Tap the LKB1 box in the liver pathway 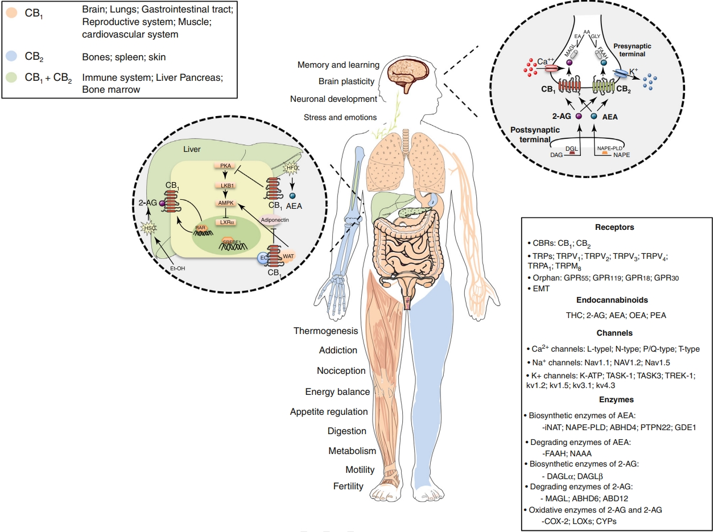pyautogui.click(x=224, y=185)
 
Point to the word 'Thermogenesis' pyautogui.click(x=326, y=331)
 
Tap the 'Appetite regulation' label pyautogui.click(x=329, y=411)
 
